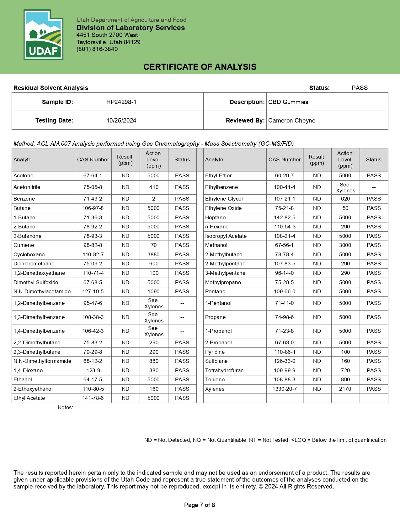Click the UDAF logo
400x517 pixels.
tap(43, 34)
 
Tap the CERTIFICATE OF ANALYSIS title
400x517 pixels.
tap(200, 67)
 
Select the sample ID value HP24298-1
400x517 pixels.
tap(121, 102)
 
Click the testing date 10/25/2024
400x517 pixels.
tap(121, 120)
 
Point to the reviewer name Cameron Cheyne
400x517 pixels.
tap(292, 120)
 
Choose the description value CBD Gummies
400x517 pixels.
tap(288, 102)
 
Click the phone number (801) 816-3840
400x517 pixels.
tap(97, 49)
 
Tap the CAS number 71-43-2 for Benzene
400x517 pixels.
tap(93, 199)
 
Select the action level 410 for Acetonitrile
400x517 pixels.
tap(153, 187)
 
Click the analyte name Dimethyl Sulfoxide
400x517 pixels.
tap(36, 282)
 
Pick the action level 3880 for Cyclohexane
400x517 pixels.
tap(153, 254)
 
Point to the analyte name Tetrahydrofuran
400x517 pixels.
tap(224, 370)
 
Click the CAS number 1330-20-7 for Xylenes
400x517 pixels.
tap(285, 389)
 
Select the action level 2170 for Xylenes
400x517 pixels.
tap(345, 389)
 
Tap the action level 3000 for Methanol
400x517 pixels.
tap(345, 245)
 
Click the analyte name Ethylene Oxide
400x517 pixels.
tap(223, 208)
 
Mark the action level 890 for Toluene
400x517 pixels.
tap(345, 379)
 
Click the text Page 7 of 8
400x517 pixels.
tap(200, 505)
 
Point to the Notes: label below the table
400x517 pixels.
tap(65, 407)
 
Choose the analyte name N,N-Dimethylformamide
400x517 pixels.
tap(42, 361)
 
